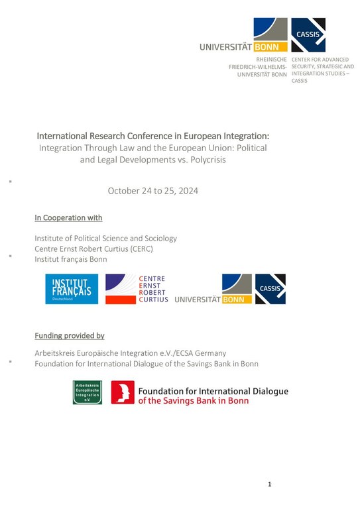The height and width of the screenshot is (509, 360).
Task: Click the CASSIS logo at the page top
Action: click(308, 35)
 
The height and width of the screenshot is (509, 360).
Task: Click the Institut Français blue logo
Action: click(73, 290)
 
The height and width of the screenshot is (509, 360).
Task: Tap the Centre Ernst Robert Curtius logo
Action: click(136, 290)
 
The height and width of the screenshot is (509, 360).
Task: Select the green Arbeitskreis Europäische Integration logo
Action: click(87, 392)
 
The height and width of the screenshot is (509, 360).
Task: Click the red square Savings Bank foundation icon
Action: click(123, 392)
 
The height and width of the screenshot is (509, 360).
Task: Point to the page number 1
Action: click(270, 484)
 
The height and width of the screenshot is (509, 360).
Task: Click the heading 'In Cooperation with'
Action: click(68, 218)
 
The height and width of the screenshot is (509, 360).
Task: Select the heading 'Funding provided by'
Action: click(70, 336)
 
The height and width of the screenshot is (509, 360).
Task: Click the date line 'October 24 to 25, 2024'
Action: click(153, 191)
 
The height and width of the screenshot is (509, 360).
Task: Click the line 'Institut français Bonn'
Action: click(71, 259)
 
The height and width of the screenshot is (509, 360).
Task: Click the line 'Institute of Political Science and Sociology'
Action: click(106, 238)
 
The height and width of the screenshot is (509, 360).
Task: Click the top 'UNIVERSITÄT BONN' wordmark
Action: click(243, 47)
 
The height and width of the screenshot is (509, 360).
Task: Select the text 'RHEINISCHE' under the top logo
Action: click(272, 59)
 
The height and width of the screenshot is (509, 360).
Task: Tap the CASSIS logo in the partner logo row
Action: click(270, 289)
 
